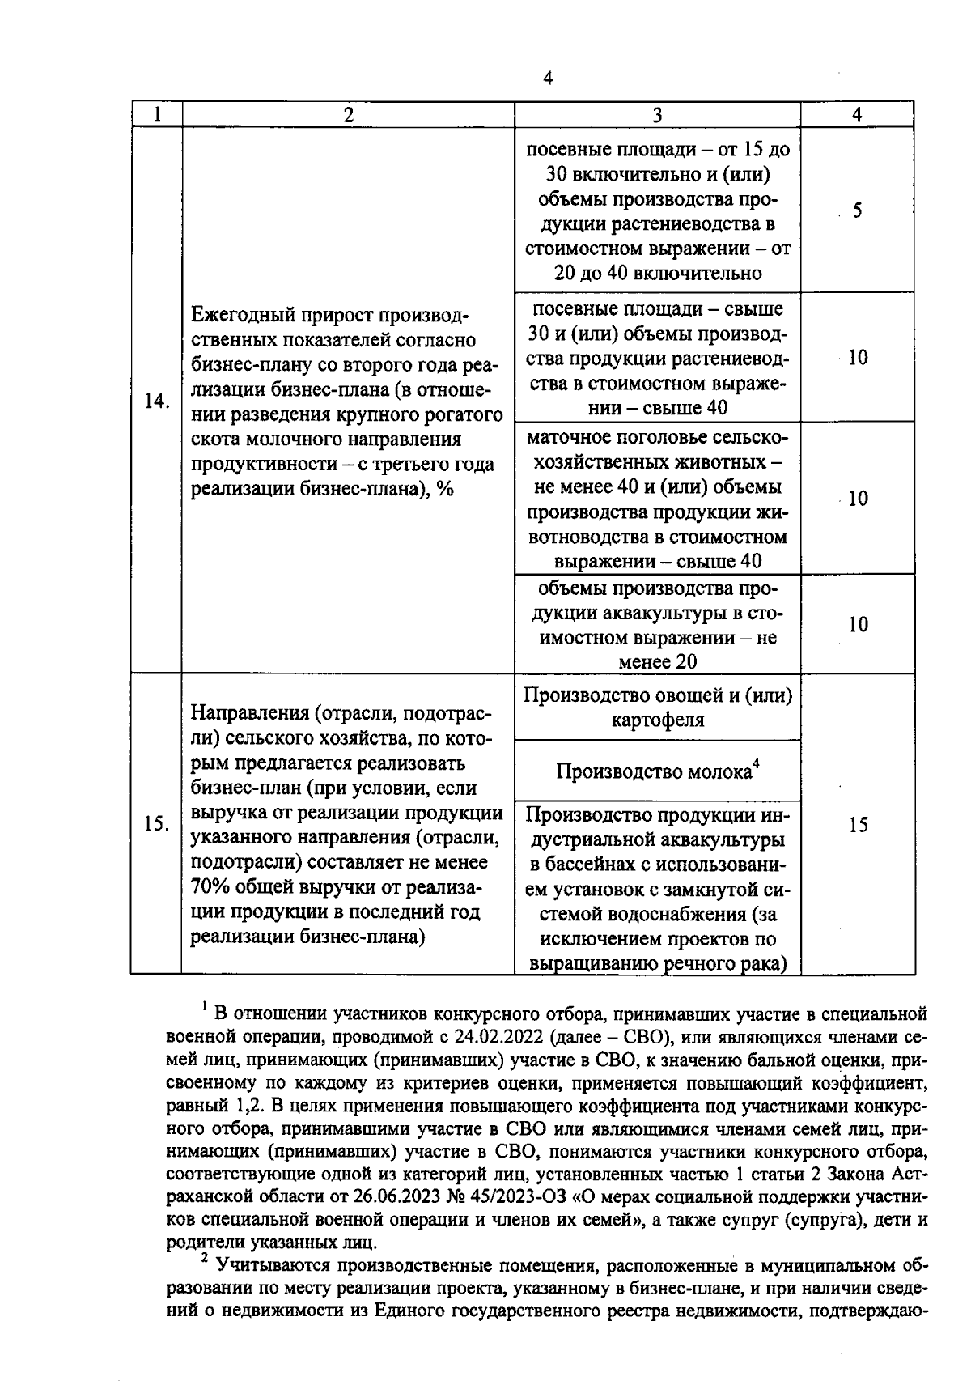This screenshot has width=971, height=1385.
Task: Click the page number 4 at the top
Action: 548,79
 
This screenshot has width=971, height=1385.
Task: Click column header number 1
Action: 156,115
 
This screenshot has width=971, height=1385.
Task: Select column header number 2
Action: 348,115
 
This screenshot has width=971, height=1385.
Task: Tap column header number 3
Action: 657,115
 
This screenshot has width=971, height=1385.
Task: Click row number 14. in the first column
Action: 156,401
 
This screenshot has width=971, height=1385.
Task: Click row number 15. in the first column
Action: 156,824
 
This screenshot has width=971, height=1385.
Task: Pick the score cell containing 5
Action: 857,210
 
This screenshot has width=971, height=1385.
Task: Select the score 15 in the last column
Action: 858,824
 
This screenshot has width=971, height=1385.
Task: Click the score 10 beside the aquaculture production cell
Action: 858,624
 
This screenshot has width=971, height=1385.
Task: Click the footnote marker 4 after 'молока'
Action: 756,763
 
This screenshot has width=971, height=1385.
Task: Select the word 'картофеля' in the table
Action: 657,720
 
